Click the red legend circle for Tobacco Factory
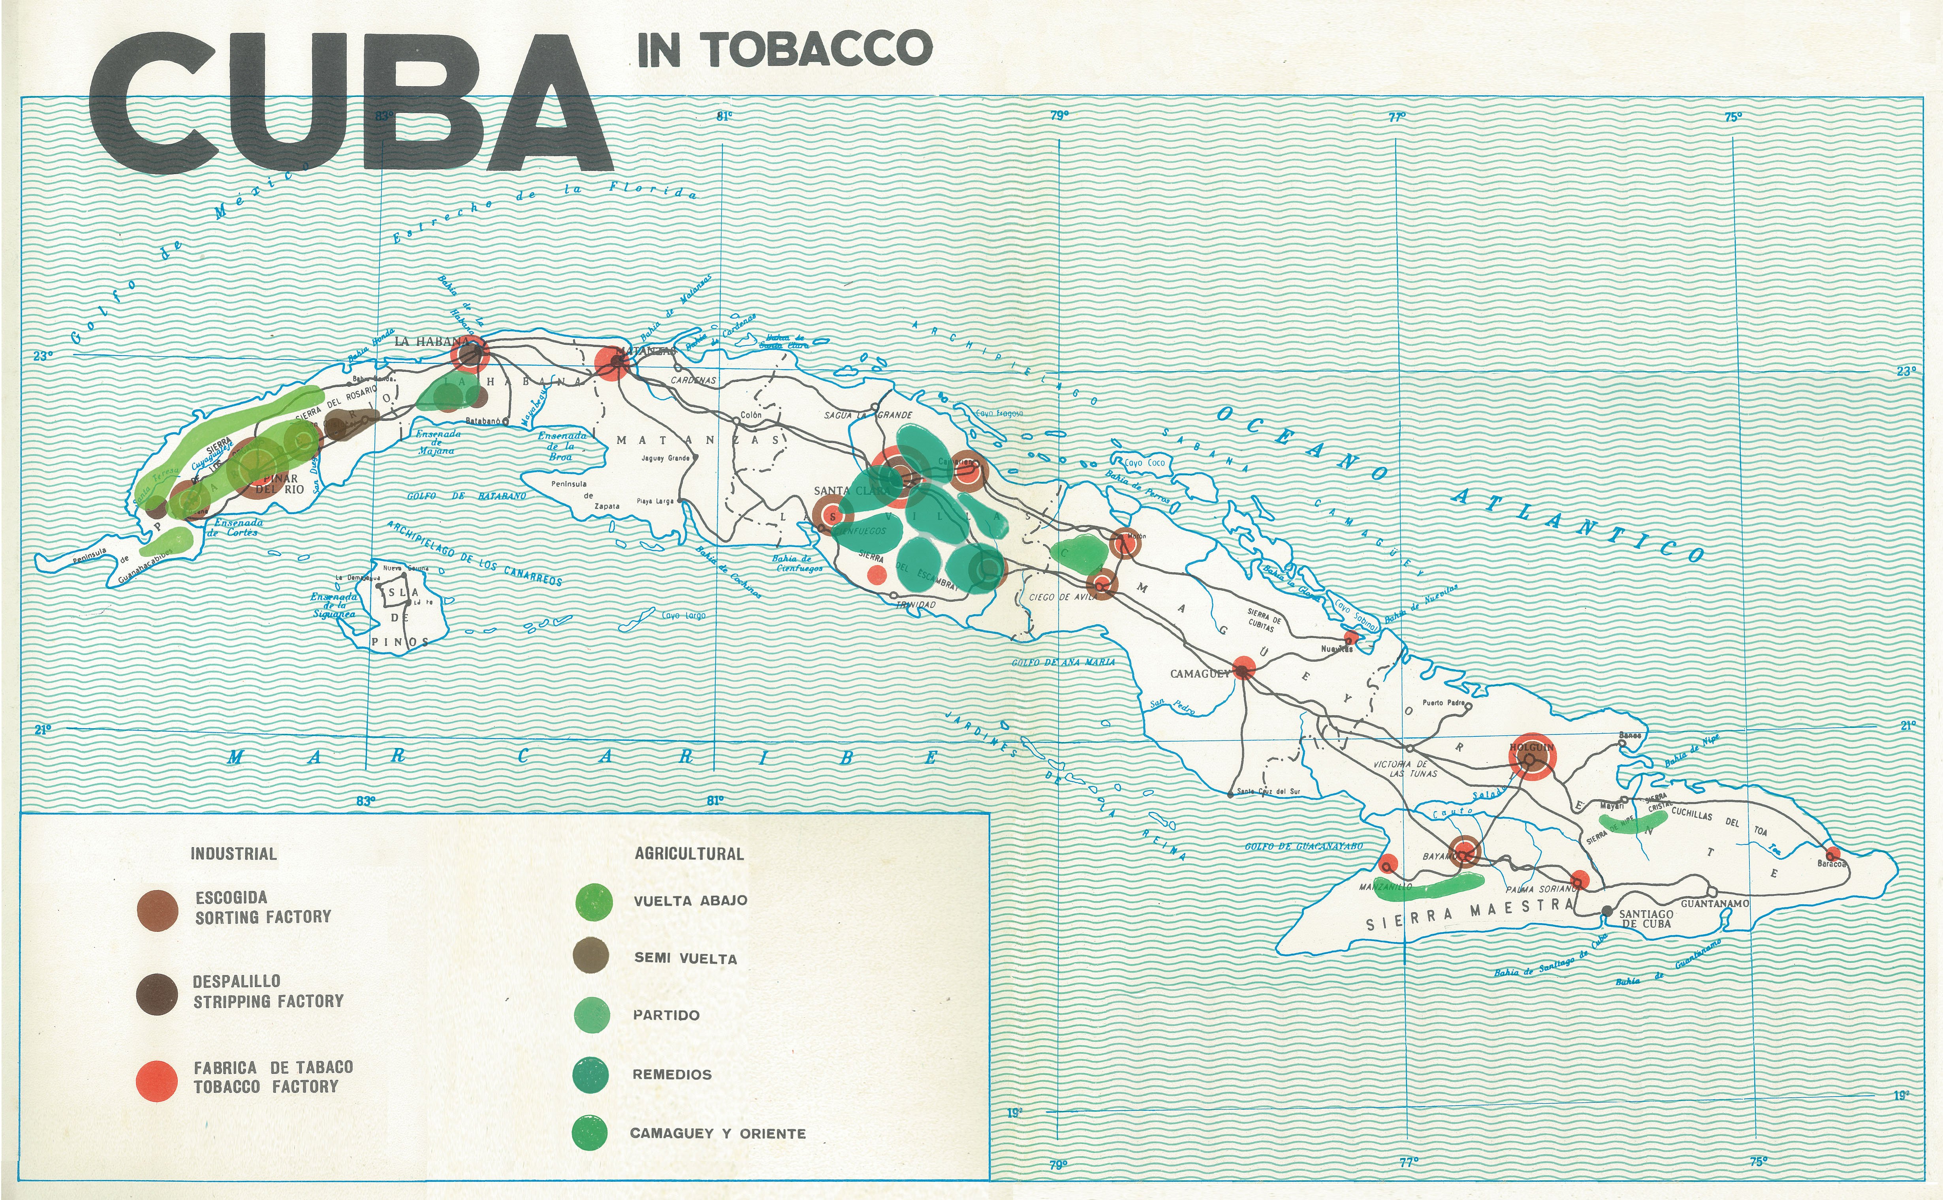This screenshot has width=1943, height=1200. (x=156, y=1081)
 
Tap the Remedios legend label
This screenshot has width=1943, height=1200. (x=671, y=1074)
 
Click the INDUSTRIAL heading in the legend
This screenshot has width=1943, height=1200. (x=233, y=854)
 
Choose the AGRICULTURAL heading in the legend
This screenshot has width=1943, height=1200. (x=689, y=854)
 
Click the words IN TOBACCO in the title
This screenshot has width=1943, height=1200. (x=784, y=49)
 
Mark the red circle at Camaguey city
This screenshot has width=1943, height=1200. (x=1243, y=669)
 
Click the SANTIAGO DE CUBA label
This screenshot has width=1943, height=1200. (x=1646, y=919)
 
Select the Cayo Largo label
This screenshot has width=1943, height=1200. (x=683, y=615)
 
